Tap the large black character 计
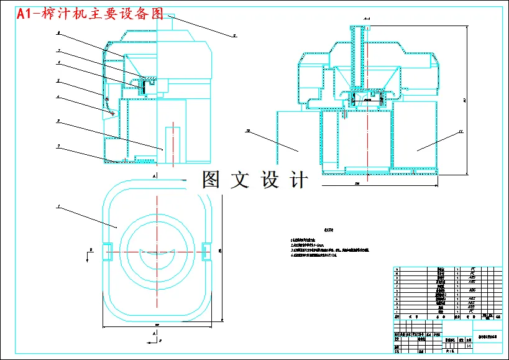click(299, 180)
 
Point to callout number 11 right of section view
click(461, 131)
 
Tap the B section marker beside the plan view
click(91, 249)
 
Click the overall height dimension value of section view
click(465, 99)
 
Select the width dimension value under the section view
click(357, 184)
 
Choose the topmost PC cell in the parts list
click(472, 269)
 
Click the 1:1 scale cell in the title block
click(469, 339)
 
